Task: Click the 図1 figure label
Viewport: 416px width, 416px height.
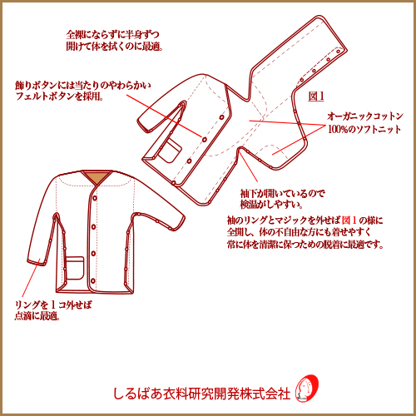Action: tap(316, 97)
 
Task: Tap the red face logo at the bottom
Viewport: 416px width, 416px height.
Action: tap(306, 389)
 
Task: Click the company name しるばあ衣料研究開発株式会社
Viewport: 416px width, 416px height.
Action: tap(201, 394)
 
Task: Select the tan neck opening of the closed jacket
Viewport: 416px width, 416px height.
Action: tap(97, 177)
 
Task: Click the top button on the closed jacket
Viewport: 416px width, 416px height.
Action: tap(95, 198)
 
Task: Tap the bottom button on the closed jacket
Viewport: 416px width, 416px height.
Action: tap(93, 280)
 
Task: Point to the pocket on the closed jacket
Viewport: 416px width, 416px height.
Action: tap(74, 268)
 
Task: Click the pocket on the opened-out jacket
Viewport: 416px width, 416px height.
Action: tap(170, 151)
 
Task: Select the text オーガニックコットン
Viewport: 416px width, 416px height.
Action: tap(365, 116)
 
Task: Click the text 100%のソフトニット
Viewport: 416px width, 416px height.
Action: tap(364, 129)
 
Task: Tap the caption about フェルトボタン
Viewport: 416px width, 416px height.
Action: tap(83, 91)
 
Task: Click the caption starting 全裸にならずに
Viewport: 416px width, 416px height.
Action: tap(114, 41)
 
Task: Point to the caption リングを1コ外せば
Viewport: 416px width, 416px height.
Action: tap(53, 305)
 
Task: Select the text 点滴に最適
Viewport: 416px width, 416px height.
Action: tap(37, 315)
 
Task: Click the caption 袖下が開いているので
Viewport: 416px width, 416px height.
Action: tap(282, 193)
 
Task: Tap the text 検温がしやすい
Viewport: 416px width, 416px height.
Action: tap(271, 205)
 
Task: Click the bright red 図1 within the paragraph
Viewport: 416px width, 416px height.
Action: tap(349, 220)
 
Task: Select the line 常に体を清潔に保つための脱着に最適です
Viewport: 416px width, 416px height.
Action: tap(305, 245)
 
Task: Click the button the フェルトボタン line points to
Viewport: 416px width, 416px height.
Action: tap(205, 139)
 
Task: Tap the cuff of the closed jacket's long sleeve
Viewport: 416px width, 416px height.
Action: tap(37, 263)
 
